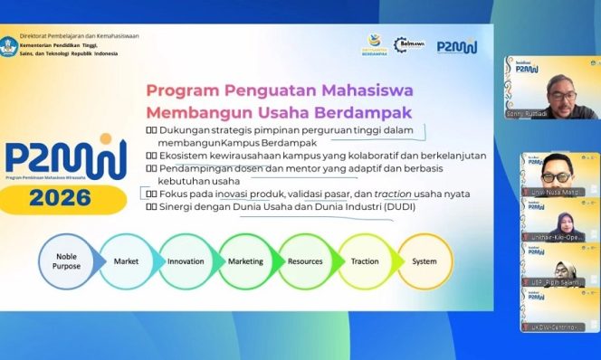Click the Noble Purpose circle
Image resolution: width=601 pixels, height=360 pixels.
pyautogui.click(x=66, y=261)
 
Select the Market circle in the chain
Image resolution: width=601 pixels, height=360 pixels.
pyautogui.click(x=126, y=261)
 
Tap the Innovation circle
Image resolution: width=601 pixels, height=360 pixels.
pyautogui.click(x=186, y=261)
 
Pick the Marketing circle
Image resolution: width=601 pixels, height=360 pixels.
pyautogui.click(x=245, y=261)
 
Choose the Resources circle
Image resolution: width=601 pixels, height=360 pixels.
pyautogui.click(x=305, y=261)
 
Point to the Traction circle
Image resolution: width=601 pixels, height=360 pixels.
pyautogui.click(x=365, y=261)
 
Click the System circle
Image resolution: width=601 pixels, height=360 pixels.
pyautogui.click(x=424, y=261)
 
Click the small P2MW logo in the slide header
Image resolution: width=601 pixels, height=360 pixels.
pyautogui.click(x=458, y=46)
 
